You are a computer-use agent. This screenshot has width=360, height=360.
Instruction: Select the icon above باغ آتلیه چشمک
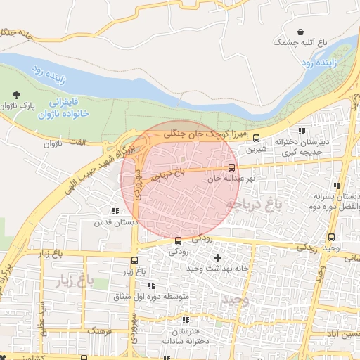302,32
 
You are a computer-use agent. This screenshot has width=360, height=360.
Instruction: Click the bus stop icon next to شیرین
256,138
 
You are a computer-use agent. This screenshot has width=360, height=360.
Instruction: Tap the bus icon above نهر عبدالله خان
231,167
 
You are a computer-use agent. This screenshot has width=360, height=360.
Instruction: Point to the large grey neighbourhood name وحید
232,300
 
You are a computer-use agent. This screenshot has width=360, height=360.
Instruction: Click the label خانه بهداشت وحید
219,269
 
